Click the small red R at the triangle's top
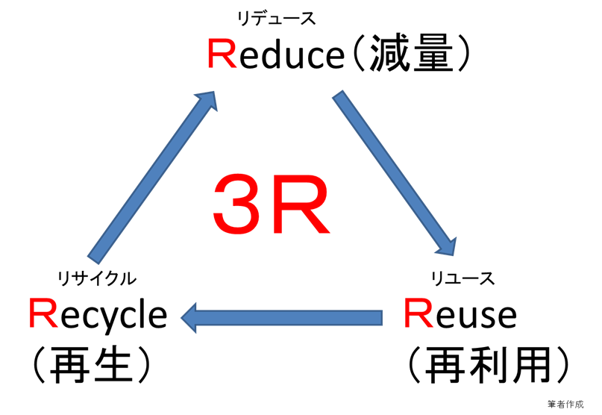221,55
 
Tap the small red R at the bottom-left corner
43,313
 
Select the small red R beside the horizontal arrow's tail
418,313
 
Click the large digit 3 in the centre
236,205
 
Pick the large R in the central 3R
299,207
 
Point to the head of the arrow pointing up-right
209,99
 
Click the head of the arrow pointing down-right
448,247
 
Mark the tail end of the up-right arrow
94,258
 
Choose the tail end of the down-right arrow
339,96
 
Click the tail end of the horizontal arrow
380,318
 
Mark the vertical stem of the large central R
275,207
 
